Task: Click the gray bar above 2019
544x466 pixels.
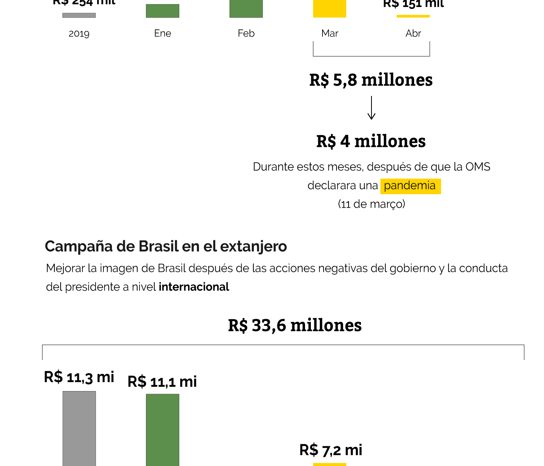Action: (79, 15)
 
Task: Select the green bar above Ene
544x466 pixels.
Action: (162, 11)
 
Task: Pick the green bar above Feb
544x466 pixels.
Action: (246, 9)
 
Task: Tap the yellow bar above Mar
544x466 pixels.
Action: (330, 9)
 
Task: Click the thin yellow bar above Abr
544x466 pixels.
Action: (413, 16)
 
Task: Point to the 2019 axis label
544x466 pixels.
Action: (79, 33)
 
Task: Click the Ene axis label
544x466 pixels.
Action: (162, 33)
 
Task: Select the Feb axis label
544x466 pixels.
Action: (246, 33)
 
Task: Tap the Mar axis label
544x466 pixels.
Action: (330, 33)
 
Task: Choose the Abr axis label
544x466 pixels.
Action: (413, 33)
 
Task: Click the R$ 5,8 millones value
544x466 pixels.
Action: (371, 80)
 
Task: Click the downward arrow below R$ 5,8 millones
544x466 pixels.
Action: (371, 108)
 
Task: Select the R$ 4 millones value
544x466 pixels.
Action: (371, 141)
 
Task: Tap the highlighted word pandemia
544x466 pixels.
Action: (410, 186)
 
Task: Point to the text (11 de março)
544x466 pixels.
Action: (371, 204)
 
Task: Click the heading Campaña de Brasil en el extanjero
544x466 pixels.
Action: (166, 246)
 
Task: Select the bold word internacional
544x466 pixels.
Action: (194, 287)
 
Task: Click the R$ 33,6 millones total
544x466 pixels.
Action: (295, 325)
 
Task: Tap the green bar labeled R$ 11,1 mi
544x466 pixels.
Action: (162, 430)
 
